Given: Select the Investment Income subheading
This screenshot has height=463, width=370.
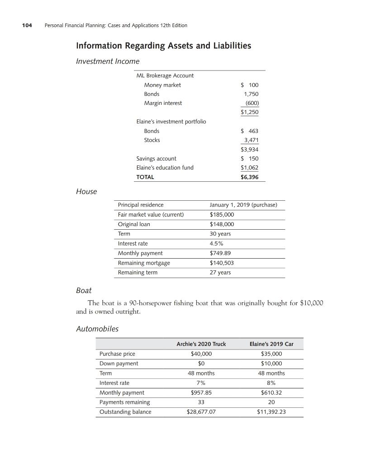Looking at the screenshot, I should tap(108, 61).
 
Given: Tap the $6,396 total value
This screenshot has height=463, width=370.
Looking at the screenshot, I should tap(250, 177).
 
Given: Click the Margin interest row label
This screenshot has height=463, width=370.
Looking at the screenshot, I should tap(163, 103).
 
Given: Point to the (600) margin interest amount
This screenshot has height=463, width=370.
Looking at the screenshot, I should tap(251, 103).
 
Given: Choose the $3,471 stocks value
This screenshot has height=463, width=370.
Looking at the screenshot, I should tap(251, 140).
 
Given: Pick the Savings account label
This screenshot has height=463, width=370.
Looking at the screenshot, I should tap(157, 159).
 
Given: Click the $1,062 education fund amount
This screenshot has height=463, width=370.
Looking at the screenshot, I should tap(250, 168).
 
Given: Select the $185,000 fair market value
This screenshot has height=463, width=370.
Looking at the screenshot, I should tap(222, 214).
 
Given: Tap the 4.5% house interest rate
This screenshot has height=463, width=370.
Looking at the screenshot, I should tap(217, 243).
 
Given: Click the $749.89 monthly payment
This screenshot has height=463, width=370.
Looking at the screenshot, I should tap(220, 253).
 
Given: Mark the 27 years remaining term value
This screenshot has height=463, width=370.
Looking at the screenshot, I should tap(220, 273).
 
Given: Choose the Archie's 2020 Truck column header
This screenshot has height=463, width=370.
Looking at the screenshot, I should tap(201, 344).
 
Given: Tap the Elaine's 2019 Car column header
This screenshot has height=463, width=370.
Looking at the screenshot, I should tap(271, 344).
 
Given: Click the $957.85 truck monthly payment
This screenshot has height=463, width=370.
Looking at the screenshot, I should tap(201, 392).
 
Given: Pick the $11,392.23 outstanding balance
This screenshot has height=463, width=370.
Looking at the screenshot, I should tap(271, 412).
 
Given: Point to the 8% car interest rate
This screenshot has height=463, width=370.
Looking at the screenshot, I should tap(271, 383).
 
